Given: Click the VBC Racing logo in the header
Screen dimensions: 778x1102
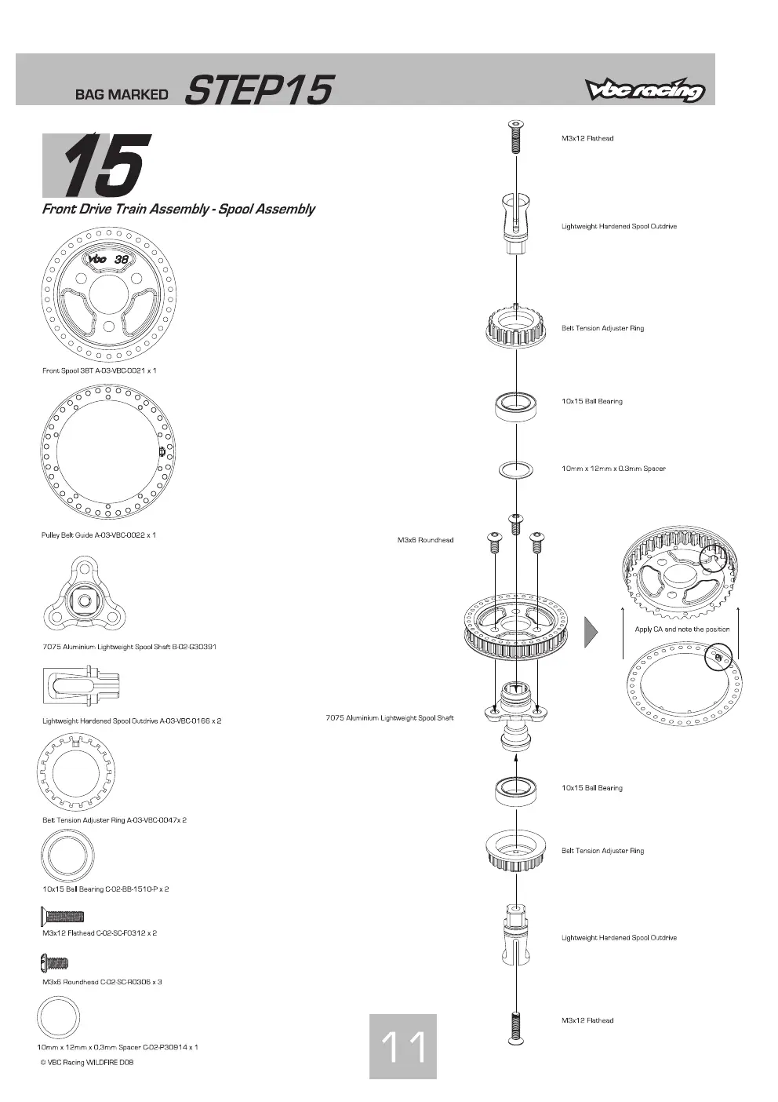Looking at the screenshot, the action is [x=645, y=89].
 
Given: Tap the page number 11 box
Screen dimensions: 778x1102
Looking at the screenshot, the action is [x=403, y=1046].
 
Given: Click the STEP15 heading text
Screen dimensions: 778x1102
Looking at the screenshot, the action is [x=260, y=90].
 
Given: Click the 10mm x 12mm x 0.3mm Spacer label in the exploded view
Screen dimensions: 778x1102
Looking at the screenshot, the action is [x=613, y=469].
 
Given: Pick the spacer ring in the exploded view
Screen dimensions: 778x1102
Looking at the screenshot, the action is [x=515, y=470].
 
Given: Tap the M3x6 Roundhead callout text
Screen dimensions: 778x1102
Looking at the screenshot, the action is [x=425, y=540].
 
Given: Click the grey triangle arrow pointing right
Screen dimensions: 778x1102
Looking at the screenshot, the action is [x=591, y=632].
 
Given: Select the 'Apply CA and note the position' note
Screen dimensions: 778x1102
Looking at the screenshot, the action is [x=682, y=629].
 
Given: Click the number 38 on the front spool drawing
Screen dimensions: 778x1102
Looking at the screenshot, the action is [x=121, y=259].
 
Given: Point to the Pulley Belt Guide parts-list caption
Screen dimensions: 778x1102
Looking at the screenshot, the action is [x=99, y=535].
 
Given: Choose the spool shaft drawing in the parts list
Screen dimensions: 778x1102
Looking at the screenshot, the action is [x=85, y=594].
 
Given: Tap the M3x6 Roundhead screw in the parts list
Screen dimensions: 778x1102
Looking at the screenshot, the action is [x=55, y=962].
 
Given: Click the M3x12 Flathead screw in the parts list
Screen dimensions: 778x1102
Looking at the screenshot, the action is [x=63, y=917].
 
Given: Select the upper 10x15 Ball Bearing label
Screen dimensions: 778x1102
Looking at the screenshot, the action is [x=591, y=401].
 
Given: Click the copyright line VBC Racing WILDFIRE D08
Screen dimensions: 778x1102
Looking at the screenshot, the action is [x=87, y=1062].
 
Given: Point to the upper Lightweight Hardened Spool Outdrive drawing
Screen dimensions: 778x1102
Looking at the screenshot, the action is [x=515, y=224].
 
